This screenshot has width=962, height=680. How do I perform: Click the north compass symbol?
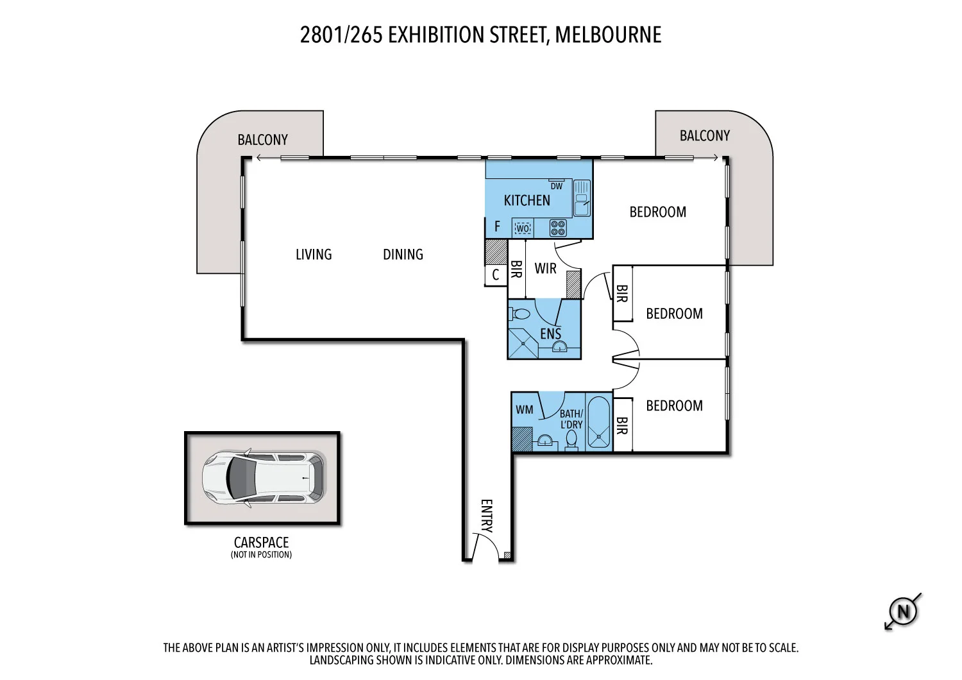click(903, 611)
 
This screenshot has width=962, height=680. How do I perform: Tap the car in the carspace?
click(263, 479)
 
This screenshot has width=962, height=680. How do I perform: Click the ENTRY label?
click(487, 516)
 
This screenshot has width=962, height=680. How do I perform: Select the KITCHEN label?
click(527, 201)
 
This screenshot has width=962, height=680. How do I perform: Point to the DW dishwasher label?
click(556, 186)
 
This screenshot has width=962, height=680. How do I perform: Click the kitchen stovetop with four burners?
click(558, 228)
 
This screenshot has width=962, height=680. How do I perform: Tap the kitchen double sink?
click(582, 198)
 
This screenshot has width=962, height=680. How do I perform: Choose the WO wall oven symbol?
click(523, 228)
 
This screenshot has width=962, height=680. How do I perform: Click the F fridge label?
click(497, 227)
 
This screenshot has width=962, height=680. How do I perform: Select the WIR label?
click(545, 269)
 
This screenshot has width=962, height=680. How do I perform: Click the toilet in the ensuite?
click(519, 315)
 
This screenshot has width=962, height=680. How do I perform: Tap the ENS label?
click(550, 334)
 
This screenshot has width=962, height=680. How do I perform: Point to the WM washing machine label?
click(524, 410)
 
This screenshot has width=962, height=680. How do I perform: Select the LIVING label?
click(314, 255)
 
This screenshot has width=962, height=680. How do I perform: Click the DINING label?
click(403, 255)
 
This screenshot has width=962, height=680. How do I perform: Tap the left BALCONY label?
click(262, 140)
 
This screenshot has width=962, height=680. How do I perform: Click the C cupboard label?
click(495, 276)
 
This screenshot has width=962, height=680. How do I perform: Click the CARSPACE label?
click(261, 542)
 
